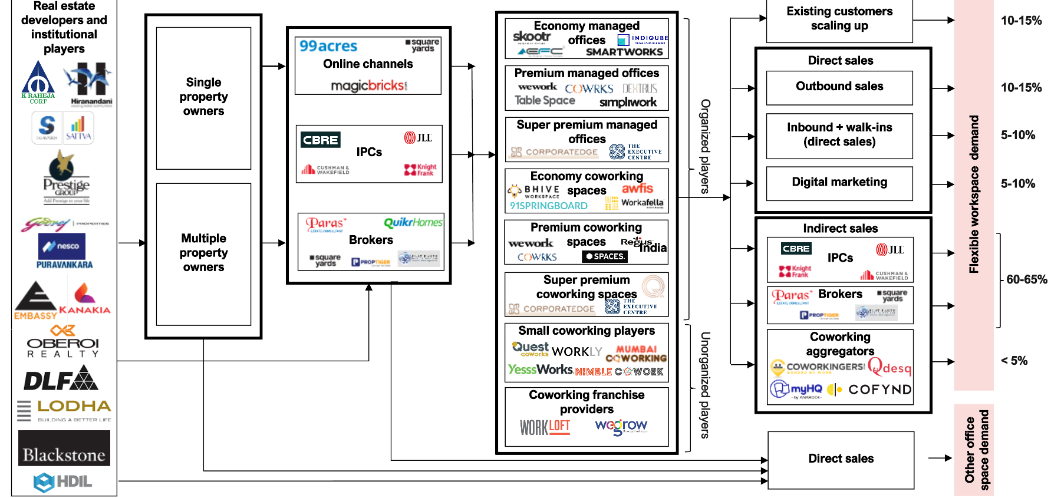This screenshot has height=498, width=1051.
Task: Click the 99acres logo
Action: [x=328, y=46]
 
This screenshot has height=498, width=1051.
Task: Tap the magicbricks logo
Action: [x=369, y=86]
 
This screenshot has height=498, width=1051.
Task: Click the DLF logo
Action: [x=61, y=378]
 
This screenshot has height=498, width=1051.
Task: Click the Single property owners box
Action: [x=203, y=98]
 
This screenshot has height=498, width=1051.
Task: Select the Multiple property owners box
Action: [x=203, y=253]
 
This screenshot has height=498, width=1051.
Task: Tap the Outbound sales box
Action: [x=839, y=87]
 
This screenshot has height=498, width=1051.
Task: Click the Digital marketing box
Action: [x=839, y=183]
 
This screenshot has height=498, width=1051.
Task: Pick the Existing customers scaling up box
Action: [x=839, y=19]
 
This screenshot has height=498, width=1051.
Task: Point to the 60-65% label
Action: [x=1026, y=279]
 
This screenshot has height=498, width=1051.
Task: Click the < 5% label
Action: [x=1014, y=361]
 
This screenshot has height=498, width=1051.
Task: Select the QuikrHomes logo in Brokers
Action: [x=413, y=222]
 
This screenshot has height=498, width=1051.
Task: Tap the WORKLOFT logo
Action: [x=545, y=427]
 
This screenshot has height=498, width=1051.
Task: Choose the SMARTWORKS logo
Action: [x=624, y=52]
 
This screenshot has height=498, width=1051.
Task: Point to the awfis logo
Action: [x=637, y=189]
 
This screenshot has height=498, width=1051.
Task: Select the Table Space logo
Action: [x=545, y=101]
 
